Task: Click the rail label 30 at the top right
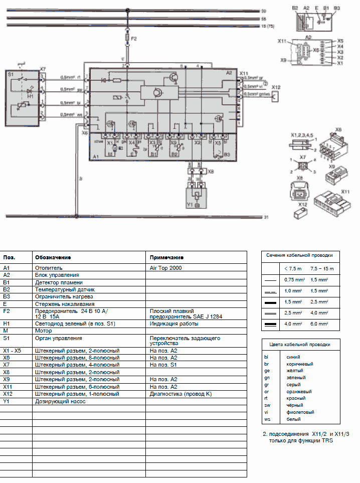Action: click(x=264, y=11)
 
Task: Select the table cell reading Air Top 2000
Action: click(x=165, y=268)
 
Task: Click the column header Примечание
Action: click(x=166, y=257)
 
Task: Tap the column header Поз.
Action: click(x=9, y=257)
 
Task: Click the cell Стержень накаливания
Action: click(x=64, y=304)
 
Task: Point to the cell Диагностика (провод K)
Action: click(x=181, y=394)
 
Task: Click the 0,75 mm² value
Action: click(x=293, y=279)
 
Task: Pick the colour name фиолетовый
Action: click(x=299, y=412)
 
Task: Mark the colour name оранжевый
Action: click(x=298, y=391)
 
